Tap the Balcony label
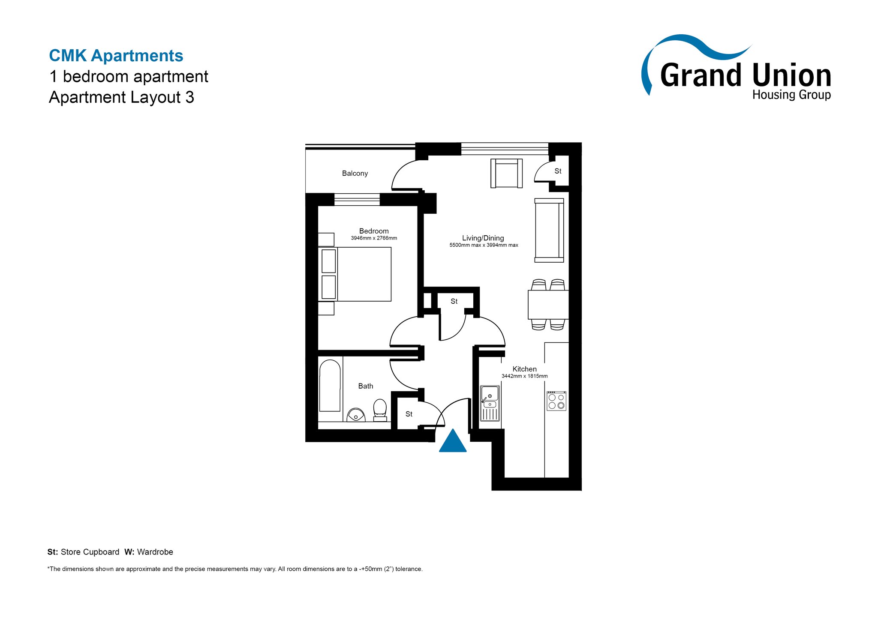pyautogui.click(x=355, y=174)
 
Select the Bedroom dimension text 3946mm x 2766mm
pyautogui.click(x=374, y=238)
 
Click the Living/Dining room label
pyautogui.click(x=483, y=238)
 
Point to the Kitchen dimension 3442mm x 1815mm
pyautogui.click(x=524, y=376)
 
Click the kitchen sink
pyautogui.click(x=490, y=403)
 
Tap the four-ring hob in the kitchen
pyautogui.click(x=556, y=401)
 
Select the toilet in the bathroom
pyautogui.click(x=380, y=410)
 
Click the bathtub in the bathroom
pyautogui.click(x=330, y=386)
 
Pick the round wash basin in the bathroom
pyautogui.click(x=356, y=415)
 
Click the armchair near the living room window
pyautogui.click(x=506, y=173)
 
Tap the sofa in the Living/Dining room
pyautogui.click(x=549, y=230)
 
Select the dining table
pyautogui.click(x=548, y=305)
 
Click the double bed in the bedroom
pyautogui.click(x=355, y=274)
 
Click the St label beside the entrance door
pyautogui.click(x=409, y=414)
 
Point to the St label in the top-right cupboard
pyautogui.click(x=558, y=171)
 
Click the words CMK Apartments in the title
pyautogui.click(x=116, y=56)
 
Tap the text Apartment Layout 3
pyautogui.click(x=122, y=97)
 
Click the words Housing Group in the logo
pyautogui.click(x=791, y=95)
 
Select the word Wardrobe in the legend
pyautogui.click(x=155, y=552)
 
